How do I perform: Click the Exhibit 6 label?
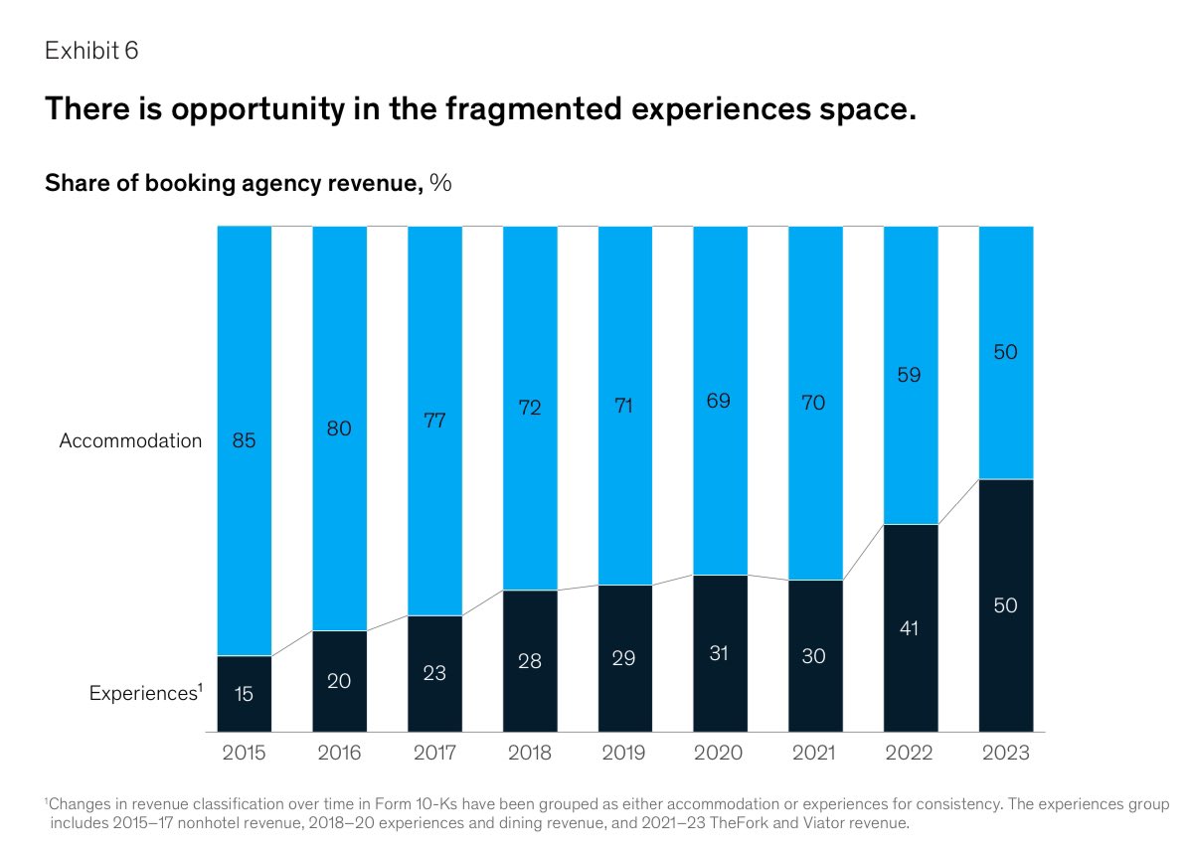[x=91, y=52]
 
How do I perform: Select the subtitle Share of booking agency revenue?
[x=234, y=183]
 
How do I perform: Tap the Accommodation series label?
[x=130, y=440]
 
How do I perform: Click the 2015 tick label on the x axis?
[x=244, y=754]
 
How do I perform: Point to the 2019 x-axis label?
[x=623, y=754]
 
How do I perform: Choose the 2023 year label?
[x=1005, y=754]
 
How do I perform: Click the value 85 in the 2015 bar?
[x=244, y=440]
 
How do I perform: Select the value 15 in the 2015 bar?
[x=244, y=694]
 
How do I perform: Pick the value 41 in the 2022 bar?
[x=910, y=628]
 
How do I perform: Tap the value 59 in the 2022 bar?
[x=910, y=375]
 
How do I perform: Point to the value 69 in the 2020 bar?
[x=719, y=401]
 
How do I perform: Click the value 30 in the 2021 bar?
[x=814, y=656]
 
